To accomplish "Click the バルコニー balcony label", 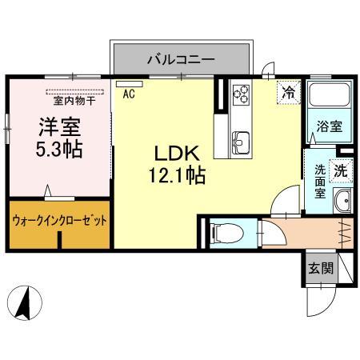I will click(180, 58).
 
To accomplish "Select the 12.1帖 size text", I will click(176, 175).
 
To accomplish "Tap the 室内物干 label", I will click(74, 100).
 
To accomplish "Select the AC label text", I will click(128, 94).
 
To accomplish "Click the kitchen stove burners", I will click(241, 95).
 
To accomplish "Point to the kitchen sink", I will click(241, 143).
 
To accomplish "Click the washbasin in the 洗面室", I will click(342, 201).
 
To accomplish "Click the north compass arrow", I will click(23, 305).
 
